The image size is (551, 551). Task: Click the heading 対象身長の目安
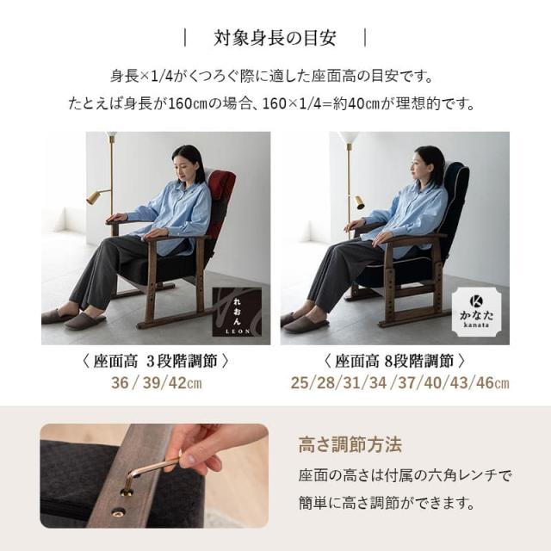(275, 38)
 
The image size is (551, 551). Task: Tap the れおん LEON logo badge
(238, 312)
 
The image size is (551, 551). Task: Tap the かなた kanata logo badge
(476, 311)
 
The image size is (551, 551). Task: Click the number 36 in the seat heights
(120, 382)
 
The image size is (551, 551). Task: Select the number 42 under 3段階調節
(177, 382)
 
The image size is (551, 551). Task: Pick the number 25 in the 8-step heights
(300, 382)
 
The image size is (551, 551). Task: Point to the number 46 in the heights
(485, 382)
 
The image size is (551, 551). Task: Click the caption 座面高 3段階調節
(155, 362)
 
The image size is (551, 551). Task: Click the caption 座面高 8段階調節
(394, 362)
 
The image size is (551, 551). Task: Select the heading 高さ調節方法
(350, 444)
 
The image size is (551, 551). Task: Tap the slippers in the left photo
(74, 318)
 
